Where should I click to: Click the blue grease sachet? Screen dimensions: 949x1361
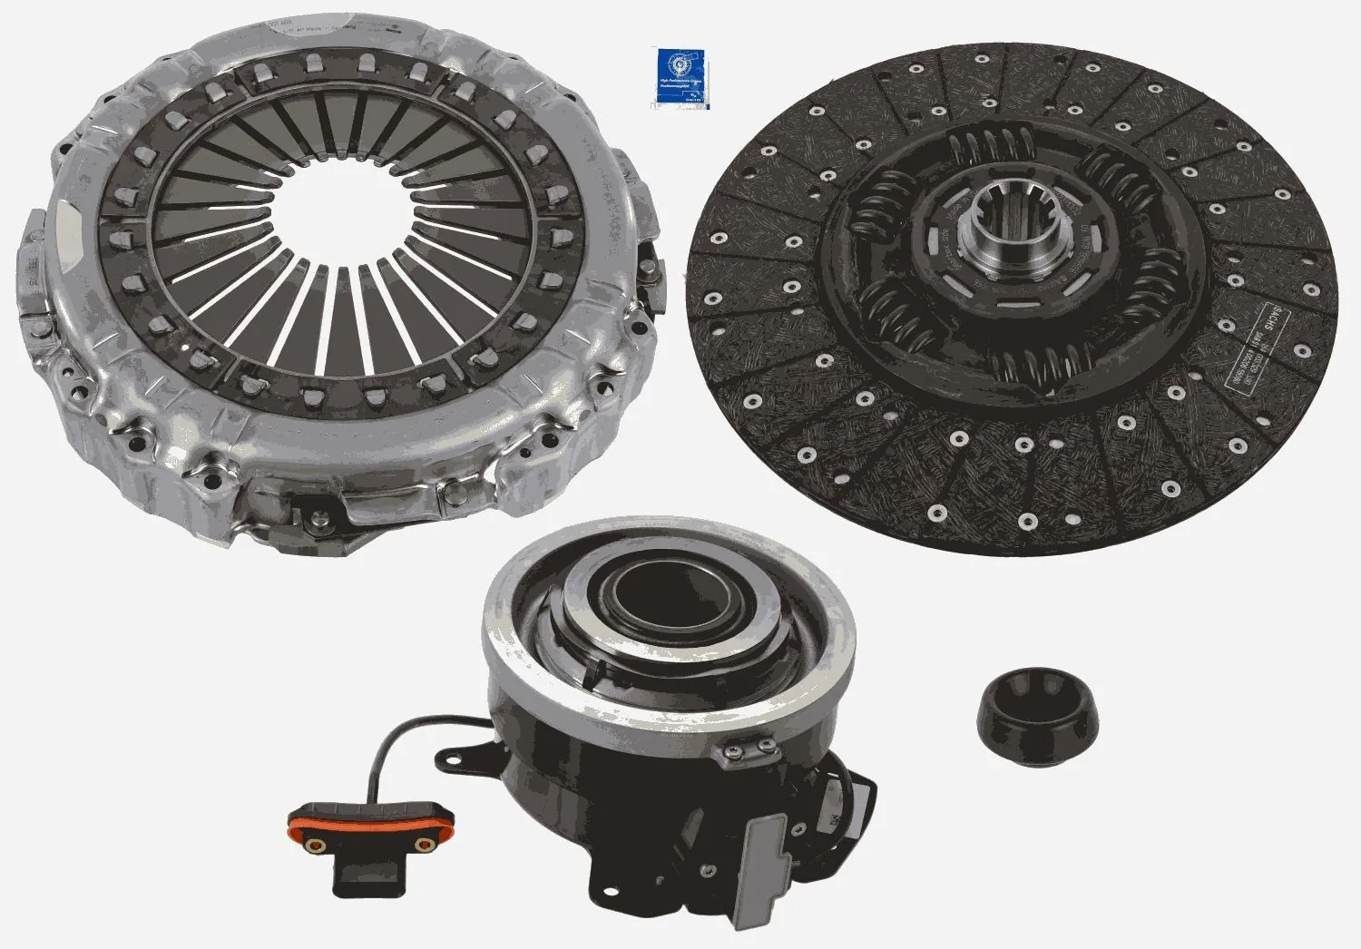click(x=680, y=77)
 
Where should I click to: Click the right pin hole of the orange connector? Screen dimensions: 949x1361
click(x=421, y=846)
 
